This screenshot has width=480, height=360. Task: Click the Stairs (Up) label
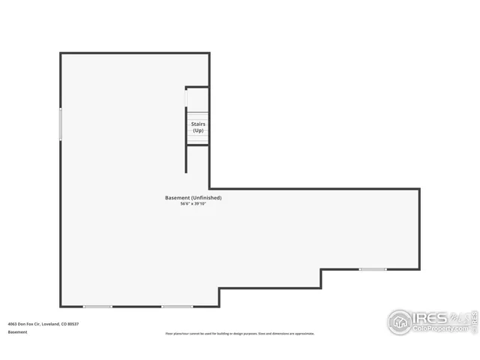coord(198,127)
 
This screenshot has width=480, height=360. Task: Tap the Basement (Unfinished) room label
coord(193,198)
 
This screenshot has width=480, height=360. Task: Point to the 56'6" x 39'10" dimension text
coord(193,204)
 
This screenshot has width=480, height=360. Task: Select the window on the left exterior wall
coord(61,124)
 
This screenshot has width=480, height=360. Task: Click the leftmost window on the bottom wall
coord(97,306)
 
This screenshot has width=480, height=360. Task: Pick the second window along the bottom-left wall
coord(177,306)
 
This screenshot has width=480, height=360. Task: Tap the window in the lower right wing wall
coord(373,269)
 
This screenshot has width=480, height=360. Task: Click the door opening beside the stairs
coord(187,98)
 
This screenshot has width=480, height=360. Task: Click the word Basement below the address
coord(17,331)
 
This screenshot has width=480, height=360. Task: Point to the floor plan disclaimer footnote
coord(240,334)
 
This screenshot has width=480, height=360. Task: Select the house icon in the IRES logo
coord(400,322)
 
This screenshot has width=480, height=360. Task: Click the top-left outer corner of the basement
coord(61,52)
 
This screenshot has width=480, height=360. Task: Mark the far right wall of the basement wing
coord(419,229)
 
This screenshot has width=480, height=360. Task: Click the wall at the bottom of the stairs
coord(198,145)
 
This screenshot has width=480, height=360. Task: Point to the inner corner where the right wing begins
coord(209,188)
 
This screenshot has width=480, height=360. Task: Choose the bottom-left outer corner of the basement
coord(61,306)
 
